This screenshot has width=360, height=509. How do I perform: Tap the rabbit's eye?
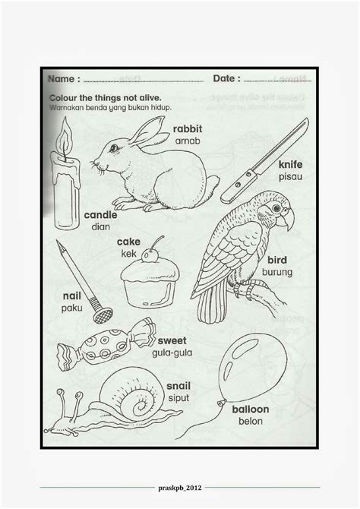[114, 148]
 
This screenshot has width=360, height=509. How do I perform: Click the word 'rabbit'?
[188, 129]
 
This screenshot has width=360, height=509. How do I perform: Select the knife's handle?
[238, 187]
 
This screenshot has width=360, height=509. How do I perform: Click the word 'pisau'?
[291, 177]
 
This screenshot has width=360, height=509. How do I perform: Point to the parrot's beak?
[287, 217]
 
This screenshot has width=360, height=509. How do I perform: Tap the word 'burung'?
[277, 272]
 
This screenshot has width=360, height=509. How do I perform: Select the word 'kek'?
[129, 254]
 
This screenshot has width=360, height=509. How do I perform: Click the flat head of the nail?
[103, 315]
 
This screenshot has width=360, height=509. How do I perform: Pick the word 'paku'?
[71, 308]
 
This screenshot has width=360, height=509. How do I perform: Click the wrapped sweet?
[106, 345]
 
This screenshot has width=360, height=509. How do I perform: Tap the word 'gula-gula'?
[172, 353]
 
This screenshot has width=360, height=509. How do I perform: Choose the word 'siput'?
[178, 398]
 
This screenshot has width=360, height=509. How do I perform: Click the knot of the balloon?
[222, 403]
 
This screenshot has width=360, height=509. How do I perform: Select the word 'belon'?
[251, 422]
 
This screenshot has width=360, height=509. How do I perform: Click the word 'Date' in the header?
[224, 78]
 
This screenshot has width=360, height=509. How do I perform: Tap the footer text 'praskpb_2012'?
[180, 488]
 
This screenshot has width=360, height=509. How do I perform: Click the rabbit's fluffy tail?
[212, 183]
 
